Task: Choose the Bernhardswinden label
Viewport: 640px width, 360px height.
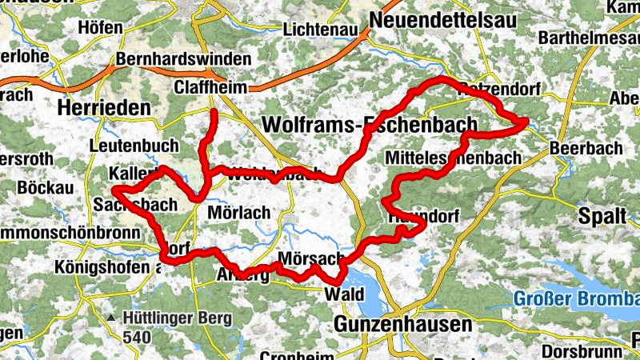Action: click(183, 60)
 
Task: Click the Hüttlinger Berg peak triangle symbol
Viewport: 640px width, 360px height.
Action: click(110, 318)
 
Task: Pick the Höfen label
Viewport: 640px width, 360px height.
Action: click(101, 27)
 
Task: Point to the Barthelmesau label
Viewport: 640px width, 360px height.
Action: click(588, 38)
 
